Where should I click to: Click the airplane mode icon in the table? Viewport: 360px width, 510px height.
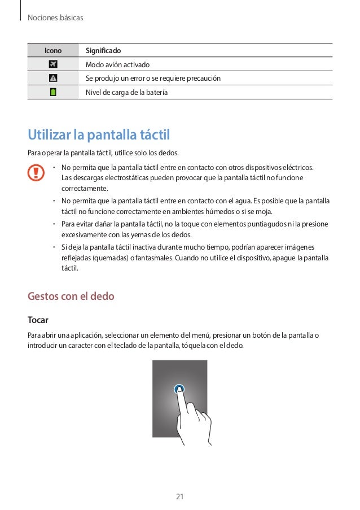point(53,64)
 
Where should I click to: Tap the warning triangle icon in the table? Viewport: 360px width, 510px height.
point(53,78)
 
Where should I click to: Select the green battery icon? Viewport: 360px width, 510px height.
point(53,91)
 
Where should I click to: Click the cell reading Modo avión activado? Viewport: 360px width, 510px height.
point(117,64)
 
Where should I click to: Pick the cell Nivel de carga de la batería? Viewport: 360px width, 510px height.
point(126,92)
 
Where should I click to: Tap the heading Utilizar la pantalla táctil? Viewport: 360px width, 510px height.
point(99,136)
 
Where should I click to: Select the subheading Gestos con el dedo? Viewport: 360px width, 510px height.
point(71,297)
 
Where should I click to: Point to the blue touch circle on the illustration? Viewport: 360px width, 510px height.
point(179,389)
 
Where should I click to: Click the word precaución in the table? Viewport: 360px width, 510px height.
point(200,78)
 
